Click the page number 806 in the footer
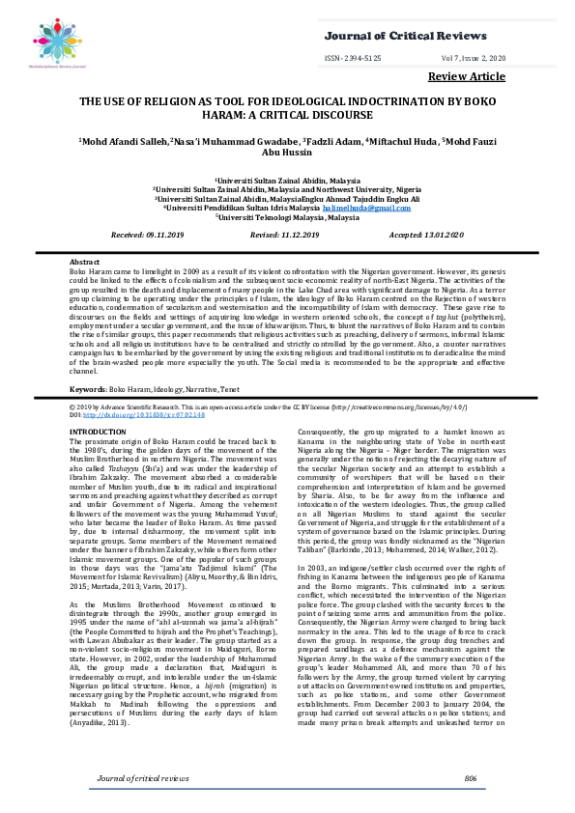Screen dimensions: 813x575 471,777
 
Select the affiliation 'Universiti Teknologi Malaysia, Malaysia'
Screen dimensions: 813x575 287,217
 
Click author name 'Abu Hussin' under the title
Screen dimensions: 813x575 287,154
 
